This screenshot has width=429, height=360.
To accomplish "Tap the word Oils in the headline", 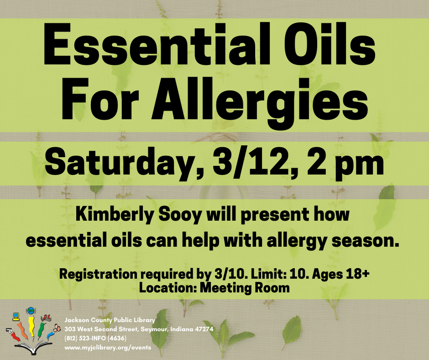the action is coord(330,44).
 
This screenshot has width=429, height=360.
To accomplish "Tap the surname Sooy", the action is coord(180,215).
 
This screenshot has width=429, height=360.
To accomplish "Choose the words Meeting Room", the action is coord(245,288).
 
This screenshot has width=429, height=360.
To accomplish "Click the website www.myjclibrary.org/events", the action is coord(108,348).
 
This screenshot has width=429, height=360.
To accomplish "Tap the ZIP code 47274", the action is coord(204,329).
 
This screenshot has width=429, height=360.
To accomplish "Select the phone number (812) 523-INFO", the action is coord(85,339).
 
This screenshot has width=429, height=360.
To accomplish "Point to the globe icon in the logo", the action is coord(31,311).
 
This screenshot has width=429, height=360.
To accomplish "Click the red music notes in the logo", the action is coord(46,318).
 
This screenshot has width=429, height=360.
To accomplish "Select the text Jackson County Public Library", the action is coord(110,320).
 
